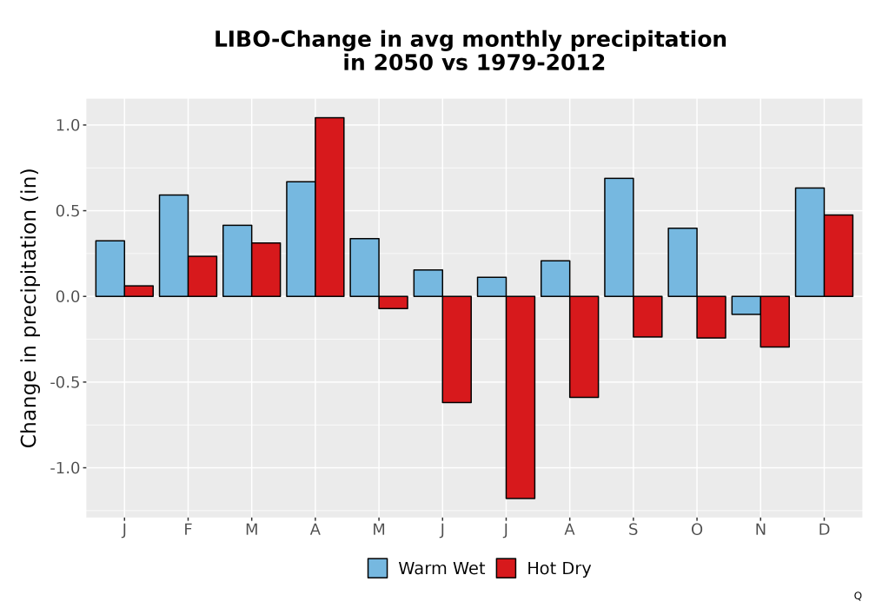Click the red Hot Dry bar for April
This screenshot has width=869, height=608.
coord(329,207)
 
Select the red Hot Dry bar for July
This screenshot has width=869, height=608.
coord(521,398)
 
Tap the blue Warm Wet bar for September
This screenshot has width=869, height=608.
coord(619,237)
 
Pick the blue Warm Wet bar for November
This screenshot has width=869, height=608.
coord(746,306)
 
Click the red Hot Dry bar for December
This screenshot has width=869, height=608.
coord(839,256)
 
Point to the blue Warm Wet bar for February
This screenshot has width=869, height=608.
coord(174,246)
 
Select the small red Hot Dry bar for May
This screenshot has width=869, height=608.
coord(394,302)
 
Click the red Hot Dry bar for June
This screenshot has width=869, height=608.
coord(457,349)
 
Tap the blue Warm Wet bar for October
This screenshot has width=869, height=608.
coord(683,262)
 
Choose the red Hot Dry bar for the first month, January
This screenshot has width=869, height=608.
coord(139,291)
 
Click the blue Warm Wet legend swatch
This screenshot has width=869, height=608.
coord(377,568)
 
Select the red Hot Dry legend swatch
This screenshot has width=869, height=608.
coord(506,568)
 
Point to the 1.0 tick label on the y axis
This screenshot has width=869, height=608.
coord(68,125)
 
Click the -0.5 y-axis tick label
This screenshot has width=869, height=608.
coord(65,383)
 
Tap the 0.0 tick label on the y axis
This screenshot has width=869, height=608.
coord(68,297)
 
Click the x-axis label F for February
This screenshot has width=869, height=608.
coord(188,530)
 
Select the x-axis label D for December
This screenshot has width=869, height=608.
coord(824,530)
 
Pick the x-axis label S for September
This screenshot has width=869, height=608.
coord(633,530)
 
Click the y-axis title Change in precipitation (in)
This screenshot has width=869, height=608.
coord(29,307)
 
